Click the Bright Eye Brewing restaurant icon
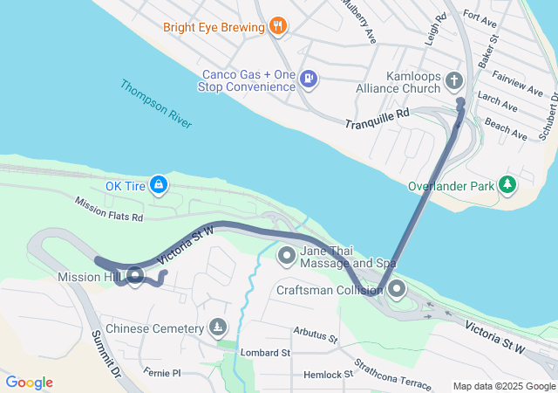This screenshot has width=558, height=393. (x=278, y=26)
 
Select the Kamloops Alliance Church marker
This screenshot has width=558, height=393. (x=453, y=81)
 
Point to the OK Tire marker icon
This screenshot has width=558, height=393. (x=158, y=185)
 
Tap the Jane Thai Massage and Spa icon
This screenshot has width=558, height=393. (x=287, y=257)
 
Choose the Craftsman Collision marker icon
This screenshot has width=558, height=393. (x=397, y=289)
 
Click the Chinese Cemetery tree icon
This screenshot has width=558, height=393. (x=217, y=329)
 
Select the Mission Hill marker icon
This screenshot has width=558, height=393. (x=135, y=277)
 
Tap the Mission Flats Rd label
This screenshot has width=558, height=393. (x=108, y=209)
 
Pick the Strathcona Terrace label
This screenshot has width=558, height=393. (x=392, y=374)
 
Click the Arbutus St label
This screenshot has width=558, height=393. (x=315, y=334)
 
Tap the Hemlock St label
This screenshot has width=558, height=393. (x=322, y=375)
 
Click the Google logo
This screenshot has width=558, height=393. (x=29, y=383)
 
